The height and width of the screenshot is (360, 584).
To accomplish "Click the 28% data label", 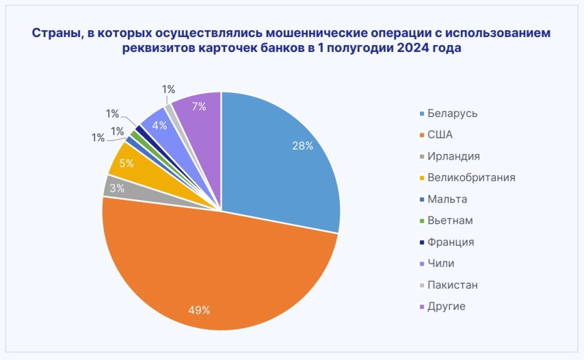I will [x=302, y=145].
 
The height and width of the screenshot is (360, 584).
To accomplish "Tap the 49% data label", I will [x=199, y=310].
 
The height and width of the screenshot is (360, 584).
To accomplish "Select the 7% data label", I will [x=199, y=106].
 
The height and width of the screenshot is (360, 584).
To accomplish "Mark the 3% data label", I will [x=117, y=188].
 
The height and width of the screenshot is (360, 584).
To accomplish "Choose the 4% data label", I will [x=159, y=126].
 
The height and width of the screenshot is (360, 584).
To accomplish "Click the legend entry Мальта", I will [x=447, y=199].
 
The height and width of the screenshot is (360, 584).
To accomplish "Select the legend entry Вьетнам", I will [x=450, y=221].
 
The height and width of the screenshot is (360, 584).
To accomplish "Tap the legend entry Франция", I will [x=451, y=242].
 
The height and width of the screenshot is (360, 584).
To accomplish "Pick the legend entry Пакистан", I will [x=452, y=285].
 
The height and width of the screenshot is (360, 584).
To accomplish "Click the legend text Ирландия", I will [x=453, y=156].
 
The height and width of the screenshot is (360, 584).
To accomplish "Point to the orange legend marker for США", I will [x=421, y=135].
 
